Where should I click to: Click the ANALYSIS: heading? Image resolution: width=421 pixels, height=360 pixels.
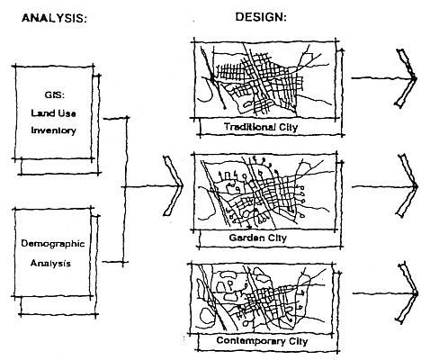coord(54,18)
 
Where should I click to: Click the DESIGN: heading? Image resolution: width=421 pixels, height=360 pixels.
coord(261,17)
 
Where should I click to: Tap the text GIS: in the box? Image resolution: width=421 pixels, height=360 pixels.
coord(55,95)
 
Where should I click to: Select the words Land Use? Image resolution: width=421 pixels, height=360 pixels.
coord(53,113)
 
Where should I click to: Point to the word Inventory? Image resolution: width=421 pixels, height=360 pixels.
coord(54,130)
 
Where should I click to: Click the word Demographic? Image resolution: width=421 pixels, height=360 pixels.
coord(53,243)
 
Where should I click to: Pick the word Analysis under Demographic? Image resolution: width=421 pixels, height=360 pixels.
coord(50,263)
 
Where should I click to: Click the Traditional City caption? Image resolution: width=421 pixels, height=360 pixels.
coord(261,127)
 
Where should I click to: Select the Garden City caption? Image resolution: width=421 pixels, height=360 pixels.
coord(258,238)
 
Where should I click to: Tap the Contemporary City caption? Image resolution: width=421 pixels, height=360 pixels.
coord(262,341)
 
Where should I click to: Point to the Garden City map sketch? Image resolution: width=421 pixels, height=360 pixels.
coord(265,192)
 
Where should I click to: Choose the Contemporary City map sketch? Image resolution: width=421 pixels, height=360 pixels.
coord(262,299)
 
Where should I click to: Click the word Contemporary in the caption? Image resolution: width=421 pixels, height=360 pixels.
coord(251,341)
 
